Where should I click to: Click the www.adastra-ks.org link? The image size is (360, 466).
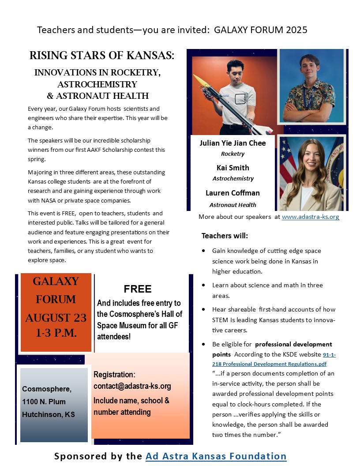(x=310, y=217)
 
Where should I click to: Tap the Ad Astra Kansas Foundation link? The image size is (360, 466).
(x=216, y=456)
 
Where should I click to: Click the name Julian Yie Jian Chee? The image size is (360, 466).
(x=232, y=143)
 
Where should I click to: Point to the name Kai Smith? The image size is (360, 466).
(x=232, y=168)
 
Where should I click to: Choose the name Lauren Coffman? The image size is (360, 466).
(x=232, y=193)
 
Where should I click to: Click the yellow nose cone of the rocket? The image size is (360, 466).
(x=201, y=81)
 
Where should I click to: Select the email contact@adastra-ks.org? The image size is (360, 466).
(x=132, y=386)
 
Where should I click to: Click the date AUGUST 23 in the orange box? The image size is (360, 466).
(x=56, y=317)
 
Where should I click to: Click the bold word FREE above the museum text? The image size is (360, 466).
(x=137, y=289)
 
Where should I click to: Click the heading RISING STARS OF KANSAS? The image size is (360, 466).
(x=102, y=56)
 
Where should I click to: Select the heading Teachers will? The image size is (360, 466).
(x=225, y=235)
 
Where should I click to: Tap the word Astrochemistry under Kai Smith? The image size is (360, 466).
(x=233, y=179)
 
